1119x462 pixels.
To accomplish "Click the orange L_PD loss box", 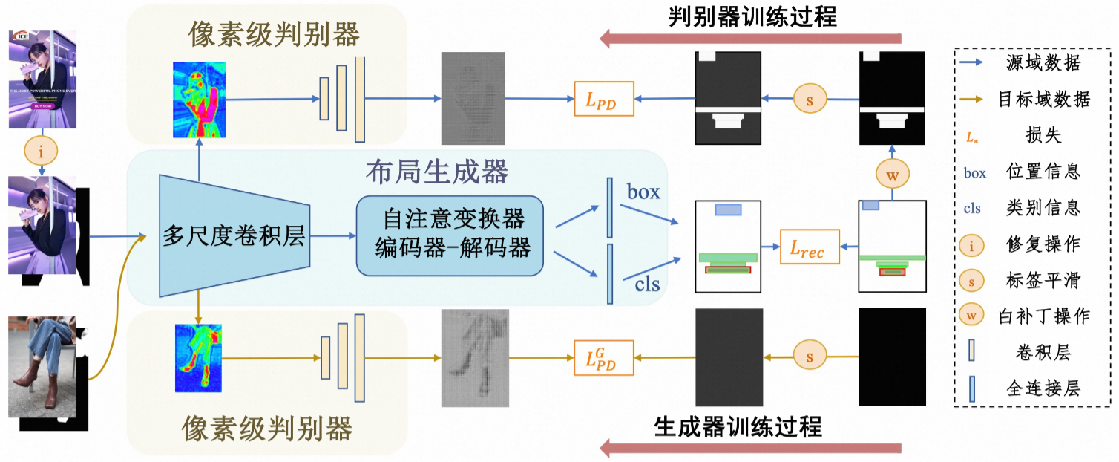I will [605, 98].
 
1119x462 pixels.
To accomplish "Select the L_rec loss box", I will [809, 247].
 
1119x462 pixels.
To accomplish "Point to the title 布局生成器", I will [437, 172].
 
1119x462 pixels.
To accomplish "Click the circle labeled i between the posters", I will [41, 151].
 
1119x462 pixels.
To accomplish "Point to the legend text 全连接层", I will [1042, 387].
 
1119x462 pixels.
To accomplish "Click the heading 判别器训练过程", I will [752, 16].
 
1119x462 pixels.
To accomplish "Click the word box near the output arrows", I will [643, 192].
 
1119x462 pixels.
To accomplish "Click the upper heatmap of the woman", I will [199, 99].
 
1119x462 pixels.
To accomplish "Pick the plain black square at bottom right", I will [892, 357].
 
